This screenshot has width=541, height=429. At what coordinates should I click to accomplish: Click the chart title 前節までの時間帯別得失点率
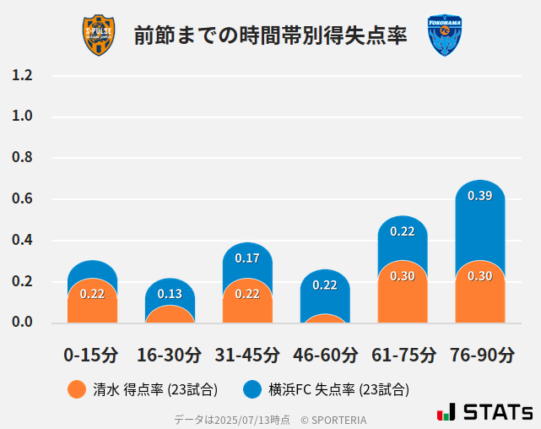[270, 35]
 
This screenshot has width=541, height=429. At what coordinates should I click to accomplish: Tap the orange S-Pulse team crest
[99, 35]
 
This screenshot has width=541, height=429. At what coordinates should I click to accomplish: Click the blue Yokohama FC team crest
[445, 35]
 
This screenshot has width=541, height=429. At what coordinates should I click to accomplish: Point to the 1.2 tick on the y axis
[22, 76]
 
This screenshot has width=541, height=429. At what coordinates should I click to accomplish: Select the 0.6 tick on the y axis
[22, 199]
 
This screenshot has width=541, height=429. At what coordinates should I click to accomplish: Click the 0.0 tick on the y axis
[22, 323]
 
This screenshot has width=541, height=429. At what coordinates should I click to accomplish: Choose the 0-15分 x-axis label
[92, 355]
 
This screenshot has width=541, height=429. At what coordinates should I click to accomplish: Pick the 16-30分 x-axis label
[170, 355]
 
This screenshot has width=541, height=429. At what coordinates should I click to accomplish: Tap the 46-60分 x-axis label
[325, 355]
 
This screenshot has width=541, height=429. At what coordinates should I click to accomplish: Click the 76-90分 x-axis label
[480, 355]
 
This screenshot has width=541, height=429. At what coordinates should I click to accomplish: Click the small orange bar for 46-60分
[325, 318]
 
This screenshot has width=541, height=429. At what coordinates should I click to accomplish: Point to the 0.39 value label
[480, 196]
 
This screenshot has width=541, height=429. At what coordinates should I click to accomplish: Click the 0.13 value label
[170, 294]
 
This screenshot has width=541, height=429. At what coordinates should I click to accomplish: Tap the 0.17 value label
[247, 258]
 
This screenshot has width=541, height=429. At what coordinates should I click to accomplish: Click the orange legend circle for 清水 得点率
[77, 389]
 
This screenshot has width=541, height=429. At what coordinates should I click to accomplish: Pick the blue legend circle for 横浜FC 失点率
[252, 389]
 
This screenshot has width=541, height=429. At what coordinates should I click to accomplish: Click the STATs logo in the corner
[484, 412]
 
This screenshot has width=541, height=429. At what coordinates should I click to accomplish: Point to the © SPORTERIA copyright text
[333, 419]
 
